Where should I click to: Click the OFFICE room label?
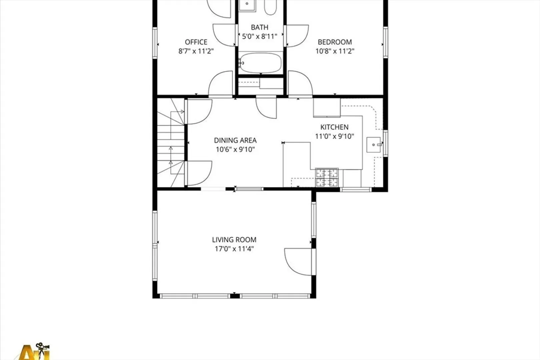pyautogui.click(x=196, y=42)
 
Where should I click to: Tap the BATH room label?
pyautogui.click(x=259, y=27)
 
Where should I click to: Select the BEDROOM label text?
pyautogui.click(x=335, y=42)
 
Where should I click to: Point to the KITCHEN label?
pyautogui.click(x=334, y=127)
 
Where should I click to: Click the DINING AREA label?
pyautogui.click(x=235, y=140)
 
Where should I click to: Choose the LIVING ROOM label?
pyautogui.click(x=234, y=240)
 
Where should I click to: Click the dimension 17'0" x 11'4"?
pyautogui.click(x=234, y=249)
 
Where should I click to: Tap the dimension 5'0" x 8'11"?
pyautogui.click(x=259, y=36)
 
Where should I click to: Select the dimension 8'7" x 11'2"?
pyautogui.click(x=196, y=51)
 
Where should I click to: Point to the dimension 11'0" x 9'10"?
pyautogui.click(x=334, y=136)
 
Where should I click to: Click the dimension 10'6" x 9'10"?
pyautogui.click(x=235, y=149)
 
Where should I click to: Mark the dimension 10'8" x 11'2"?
pyautogui.click(x=335, y=51)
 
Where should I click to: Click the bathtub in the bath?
pyautogui.click(x=260, y=63)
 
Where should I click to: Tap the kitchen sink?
pyautogui.click(x=374, y=145)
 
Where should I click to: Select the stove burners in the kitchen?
pyautogui.click(x=327, y=177)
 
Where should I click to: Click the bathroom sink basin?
pyautogui.click(x=247, y=5)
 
